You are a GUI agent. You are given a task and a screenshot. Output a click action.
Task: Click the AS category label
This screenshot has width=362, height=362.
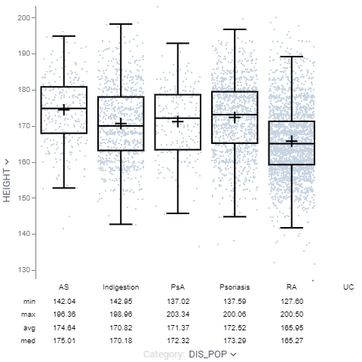(x=64, y=287)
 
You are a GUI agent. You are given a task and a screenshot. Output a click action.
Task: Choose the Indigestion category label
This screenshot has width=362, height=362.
(x=121, y=287)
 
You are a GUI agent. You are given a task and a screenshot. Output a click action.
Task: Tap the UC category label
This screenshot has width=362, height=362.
(x=348, y=287)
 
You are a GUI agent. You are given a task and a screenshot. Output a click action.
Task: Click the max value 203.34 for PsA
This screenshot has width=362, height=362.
(x=178, y=313)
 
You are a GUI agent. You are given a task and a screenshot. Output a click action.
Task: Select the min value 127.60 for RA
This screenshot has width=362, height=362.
(x=291, y=300)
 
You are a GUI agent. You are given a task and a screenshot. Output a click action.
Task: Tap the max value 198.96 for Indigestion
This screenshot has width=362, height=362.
(x=121, y=313)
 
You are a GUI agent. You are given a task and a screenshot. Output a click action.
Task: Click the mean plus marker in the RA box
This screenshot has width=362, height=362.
(x=292, y=141)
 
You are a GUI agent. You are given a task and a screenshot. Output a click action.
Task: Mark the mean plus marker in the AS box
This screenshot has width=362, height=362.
(x=64, y=109)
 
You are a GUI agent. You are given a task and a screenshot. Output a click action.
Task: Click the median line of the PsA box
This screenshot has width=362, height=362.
(x=178, y=118)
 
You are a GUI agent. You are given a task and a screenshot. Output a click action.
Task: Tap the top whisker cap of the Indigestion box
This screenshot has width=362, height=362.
(x=121, y=24)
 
